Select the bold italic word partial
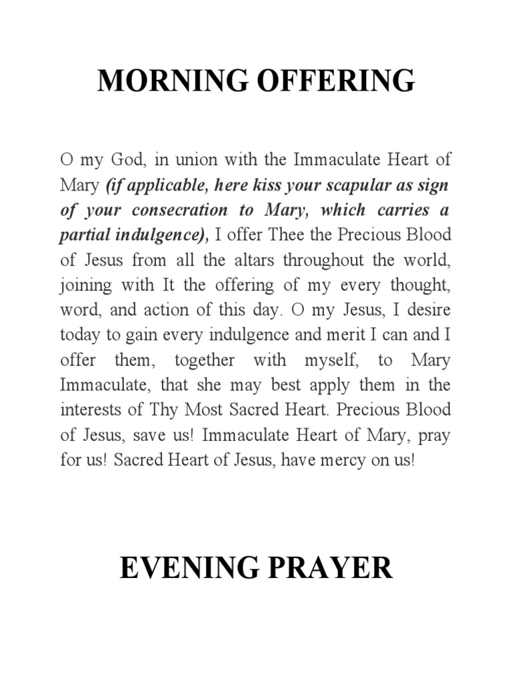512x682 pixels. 84,235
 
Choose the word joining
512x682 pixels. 87,286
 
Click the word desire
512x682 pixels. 427,310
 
